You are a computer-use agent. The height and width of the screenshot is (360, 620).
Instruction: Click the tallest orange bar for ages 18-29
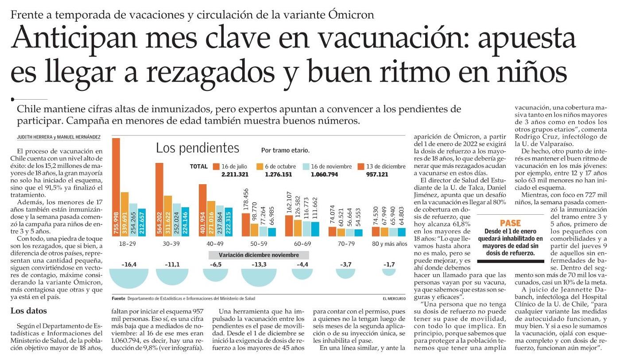(116, 187)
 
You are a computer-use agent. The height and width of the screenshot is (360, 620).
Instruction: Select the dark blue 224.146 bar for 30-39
(185, 222)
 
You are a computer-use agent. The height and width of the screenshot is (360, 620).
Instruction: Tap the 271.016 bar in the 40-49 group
(211, 219)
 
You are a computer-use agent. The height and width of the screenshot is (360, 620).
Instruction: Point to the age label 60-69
(302, 244)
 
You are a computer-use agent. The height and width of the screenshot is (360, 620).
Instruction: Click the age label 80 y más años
(389, 244)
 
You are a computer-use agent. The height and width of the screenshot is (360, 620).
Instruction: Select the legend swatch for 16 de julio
(216, 166)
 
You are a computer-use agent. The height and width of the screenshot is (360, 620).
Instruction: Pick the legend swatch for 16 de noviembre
(306, 166)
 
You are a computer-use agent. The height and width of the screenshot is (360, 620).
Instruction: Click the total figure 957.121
(377, 174)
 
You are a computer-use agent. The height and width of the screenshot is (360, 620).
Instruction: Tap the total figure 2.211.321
(235, 174)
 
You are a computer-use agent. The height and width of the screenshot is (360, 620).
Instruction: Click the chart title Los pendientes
(198, 148)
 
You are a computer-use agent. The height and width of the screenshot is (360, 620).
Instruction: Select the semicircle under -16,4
(129, 278)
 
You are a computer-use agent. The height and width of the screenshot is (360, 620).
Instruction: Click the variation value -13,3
(259, 264)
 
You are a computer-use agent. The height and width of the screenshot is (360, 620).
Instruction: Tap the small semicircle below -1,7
(389, 272)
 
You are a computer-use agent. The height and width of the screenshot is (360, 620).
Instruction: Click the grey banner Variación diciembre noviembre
(259, 255)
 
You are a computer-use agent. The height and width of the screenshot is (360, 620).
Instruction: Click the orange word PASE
(510, 223)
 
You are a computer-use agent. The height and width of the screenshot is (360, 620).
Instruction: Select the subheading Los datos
(28, 311)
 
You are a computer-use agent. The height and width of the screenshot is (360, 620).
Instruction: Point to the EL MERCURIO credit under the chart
(394, 298)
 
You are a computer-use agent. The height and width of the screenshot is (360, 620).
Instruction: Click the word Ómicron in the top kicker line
(351, 15)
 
